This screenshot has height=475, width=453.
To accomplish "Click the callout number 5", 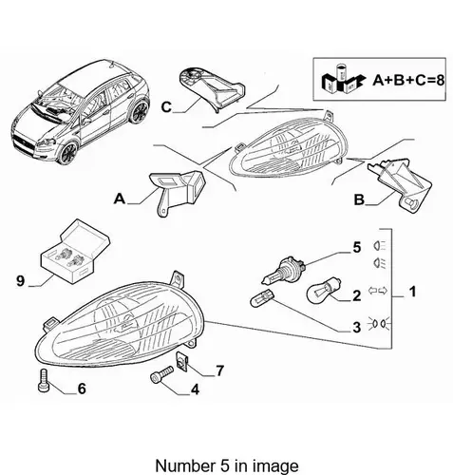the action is pyautogui.click(x=357, y=247).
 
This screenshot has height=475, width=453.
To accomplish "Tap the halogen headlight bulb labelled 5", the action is pyautogui.click(x=284, y=270).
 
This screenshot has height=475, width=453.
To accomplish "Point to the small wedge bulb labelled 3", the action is pyautogui.click(x=262, y=297).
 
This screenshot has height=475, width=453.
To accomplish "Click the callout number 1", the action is pyautogui.click(x=412, y=292).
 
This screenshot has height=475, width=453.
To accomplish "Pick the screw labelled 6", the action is pyautogui.click(x=44, y=381).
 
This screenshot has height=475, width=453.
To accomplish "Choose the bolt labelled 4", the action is pyautogui.click(x=161, y=374).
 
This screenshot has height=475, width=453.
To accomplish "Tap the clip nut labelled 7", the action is pyautogui.click(x=182, y=362).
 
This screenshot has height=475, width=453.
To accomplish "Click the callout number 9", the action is pyautogui.click(x=20, y=280).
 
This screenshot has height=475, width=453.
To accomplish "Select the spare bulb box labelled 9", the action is pyautogui.click(x=75, y=250).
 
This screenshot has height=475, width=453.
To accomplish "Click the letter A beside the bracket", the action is pyautogui.click(x=120, y=199).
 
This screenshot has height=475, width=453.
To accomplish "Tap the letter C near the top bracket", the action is pyautogui.click(x=166, y=107).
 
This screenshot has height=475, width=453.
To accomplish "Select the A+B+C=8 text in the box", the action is pyautogui.click(x=408, y=80).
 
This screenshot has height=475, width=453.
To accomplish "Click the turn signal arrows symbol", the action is pyautogui.click(x=378, y=290).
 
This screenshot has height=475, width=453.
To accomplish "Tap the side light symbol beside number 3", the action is pyautogui.click(x=379, y=324).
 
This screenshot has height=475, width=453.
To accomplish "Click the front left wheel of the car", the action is pyautogui.click(x=67, y=153).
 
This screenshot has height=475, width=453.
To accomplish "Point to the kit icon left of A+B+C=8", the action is pyautogui.click(x=342, y=79).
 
